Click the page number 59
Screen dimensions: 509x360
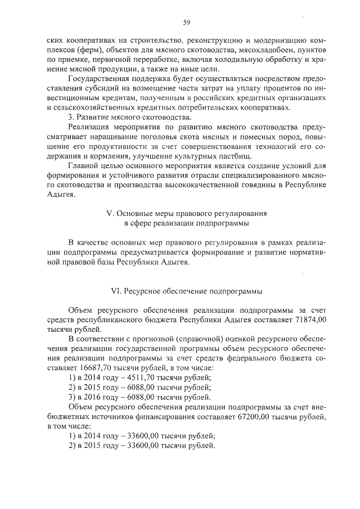[x=187, y=23]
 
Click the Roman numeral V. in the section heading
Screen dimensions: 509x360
[x=111, y=214]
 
